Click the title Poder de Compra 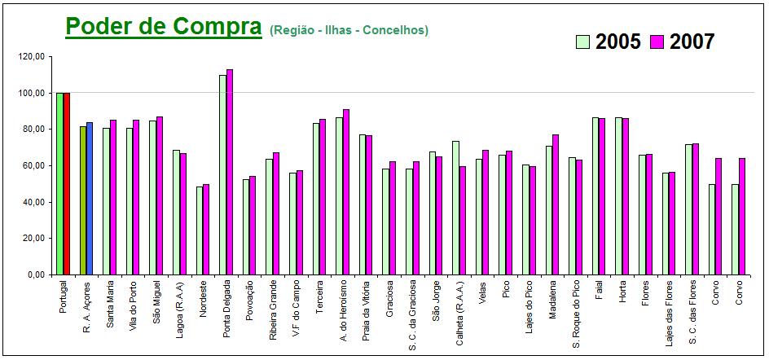click(163, 26)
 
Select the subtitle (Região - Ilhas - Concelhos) click(349, 30)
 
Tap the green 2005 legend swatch click(583, 42)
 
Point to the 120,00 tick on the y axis click(33, 57)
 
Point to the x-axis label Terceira click(319, 298)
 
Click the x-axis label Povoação click(249, 301)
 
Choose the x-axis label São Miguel click(156, 301)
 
